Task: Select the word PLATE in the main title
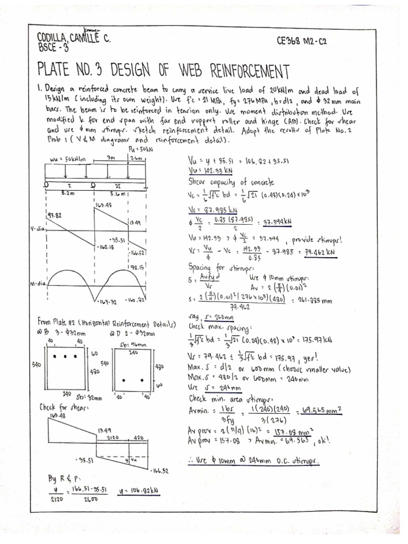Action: [x=60, y=70]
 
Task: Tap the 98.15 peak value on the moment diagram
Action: [x=138, y=268]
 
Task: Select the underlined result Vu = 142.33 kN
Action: [x=208, y=170]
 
